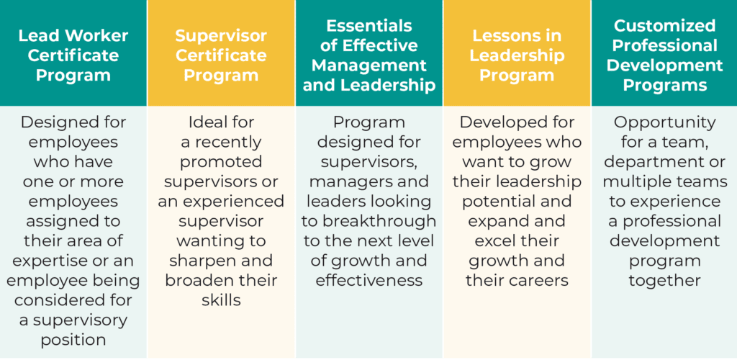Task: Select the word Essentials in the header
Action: coord(369,25)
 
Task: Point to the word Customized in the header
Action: coord(664,25)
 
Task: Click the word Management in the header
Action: coord(369,66)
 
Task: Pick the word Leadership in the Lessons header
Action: coord(517,56)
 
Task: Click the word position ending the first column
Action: coord(73,341)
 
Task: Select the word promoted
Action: coord(221,162)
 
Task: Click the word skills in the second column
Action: coord(221,300)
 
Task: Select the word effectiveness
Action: coord(369,281)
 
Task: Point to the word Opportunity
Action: coord(664,122)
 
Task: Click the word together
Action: coord(664,281)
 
